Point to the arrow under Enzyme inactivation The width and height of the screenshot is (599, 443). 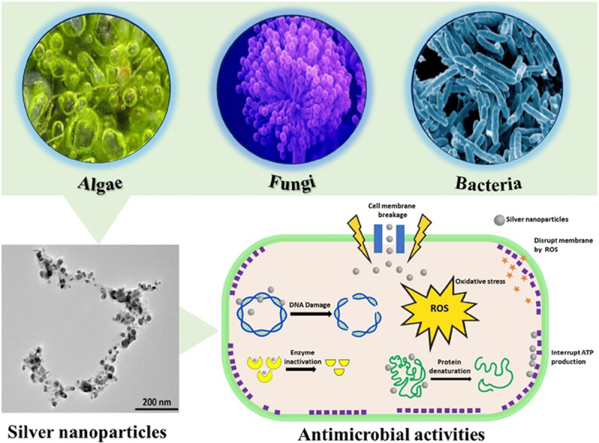pos(295,367)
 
